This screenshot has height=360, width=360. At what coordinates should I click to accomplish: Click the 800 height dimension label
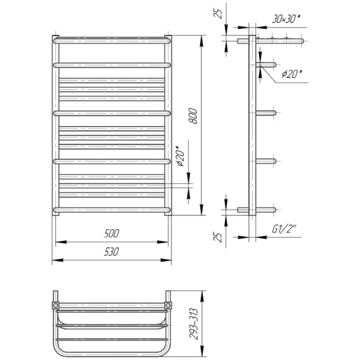[194, 116]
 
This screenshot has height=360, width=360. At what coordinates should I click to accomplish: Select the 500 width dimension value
[112, 233]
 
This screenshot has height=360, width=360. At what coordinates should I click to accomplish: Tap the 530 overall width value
[112, 252]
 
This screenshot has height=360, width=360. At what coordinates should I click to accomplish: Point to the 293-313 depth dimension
[194, 324]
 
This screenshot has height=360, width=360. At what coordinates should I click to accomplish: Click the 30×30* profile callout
[286, 19]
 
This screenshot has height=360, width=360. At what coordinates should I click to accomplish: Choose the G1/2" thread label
[284, 229]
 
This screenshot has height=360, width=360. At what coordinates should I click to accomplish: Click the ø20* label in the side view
[292, 74]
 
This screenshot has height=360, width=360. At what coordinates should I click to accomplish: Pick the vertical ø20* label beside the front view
[181, 156]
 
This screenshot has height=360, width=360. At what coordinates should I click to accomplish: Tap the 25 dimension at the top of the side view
[218, 14]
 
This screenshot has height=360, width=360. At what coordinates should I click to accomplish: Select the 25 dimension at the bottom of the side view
[218, 238]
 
